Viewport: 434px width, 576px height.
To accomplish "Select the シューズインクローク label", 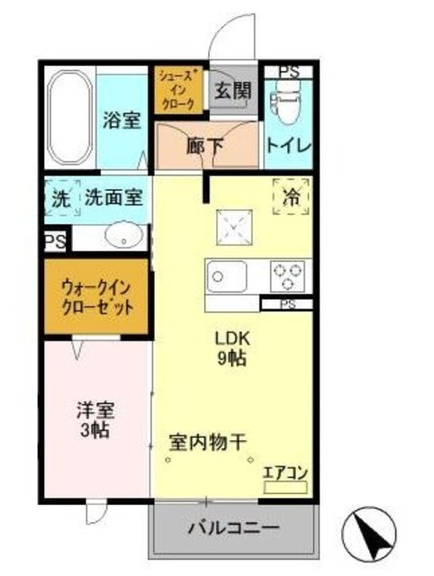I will (x=176, y=91).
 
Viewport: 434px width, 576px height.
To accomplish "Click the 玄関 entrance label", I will (x=232, y=90).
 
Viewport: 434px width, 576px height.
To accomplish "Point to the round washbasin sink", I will (x=122, y=238).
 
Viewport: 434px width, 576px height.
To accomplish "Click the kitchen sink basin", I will (x=223, y=276).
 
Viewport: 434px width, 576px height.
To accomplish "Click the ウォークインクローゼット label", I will (x=96, y=297).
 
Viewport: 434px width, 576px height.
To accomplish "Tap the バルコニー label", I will (x=234, y=527).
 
